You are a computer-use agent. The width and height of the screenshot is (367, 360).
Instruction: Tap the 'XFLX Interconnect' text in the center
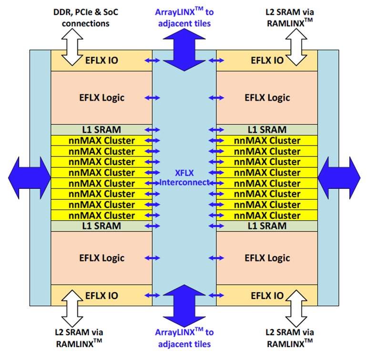point(184,177)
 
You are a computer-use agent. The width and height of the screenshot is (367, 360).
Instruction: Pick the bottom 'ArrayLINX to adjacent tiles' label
point(185,338)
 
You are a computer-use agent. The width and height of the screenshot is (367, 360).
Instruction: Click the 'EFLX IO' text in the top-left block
point(102,60)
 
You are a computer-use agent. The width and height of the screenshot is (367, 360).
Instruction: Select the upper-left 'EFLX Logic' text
point(102,98)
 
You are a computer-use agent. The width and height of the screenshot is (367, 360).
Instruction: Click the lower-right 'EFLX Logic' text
point(267,258)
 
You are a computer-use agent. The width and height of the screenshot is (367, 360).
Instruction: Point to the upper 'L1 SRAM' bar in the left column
point(102,129)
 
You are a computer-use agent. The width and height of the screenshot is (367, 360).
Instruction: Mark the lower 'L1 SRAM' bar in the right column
point(267,226)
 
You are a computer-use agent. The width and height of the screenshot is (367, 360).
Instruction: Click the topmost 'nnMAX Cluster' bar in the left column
point(102,140)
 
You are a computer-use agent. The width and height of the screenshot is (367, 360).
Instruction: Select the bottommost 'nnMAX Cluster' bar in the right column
point(267,215)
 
